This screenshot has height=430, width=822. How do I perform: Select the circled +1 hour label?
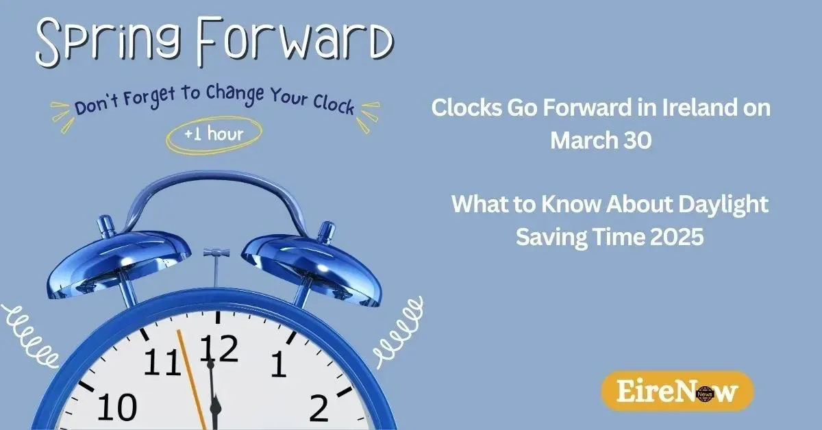214,134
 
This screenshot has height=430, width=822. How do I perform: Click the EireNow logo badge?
677,390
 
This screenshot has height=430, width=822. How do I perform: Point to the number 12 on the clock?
219,349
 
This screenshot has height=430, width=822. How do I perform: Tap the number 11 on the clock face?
162,362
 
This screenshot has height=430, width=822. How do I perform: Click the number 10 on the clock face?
117,407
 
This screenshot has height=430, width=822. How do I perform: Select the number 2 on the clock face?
319,408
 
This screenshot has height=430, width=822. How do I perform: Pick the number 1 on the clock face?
279,364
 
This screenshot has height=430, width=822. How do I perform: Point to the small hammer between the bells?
216,266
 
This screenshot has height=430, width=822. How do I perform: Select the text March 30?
601,140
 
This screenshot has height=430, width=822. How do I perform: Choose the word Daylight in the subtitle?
723,205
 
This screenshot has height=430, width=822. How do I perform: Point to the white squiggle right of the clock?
399,331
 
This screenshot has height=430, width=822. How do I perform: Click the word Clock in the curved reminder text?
334,105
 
